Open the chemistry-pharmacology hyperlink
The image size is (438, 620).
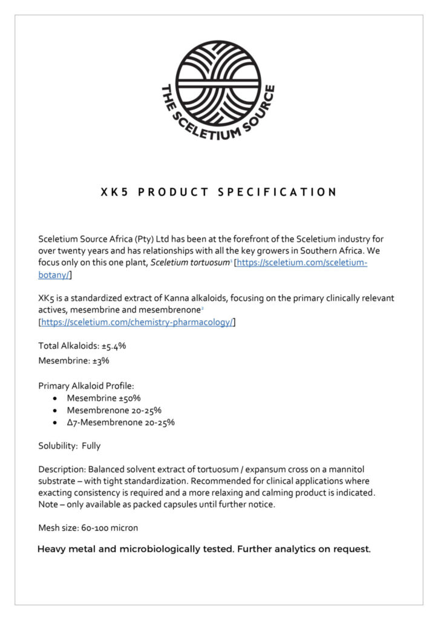click(x=137, y=322)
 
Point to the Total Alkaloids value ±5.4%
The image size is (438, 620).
click(x=114, y=346)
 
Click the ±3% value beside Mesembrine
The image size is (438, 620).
click(x=101, y=360)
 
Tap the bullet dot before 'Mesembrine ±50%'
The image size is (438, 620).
click(x=55, y=398)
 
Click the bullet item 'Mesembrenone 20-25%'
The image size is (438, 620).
click(x=114, y=410)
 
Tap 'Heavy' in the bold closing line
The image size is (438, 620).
click(x=52, y=550)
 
